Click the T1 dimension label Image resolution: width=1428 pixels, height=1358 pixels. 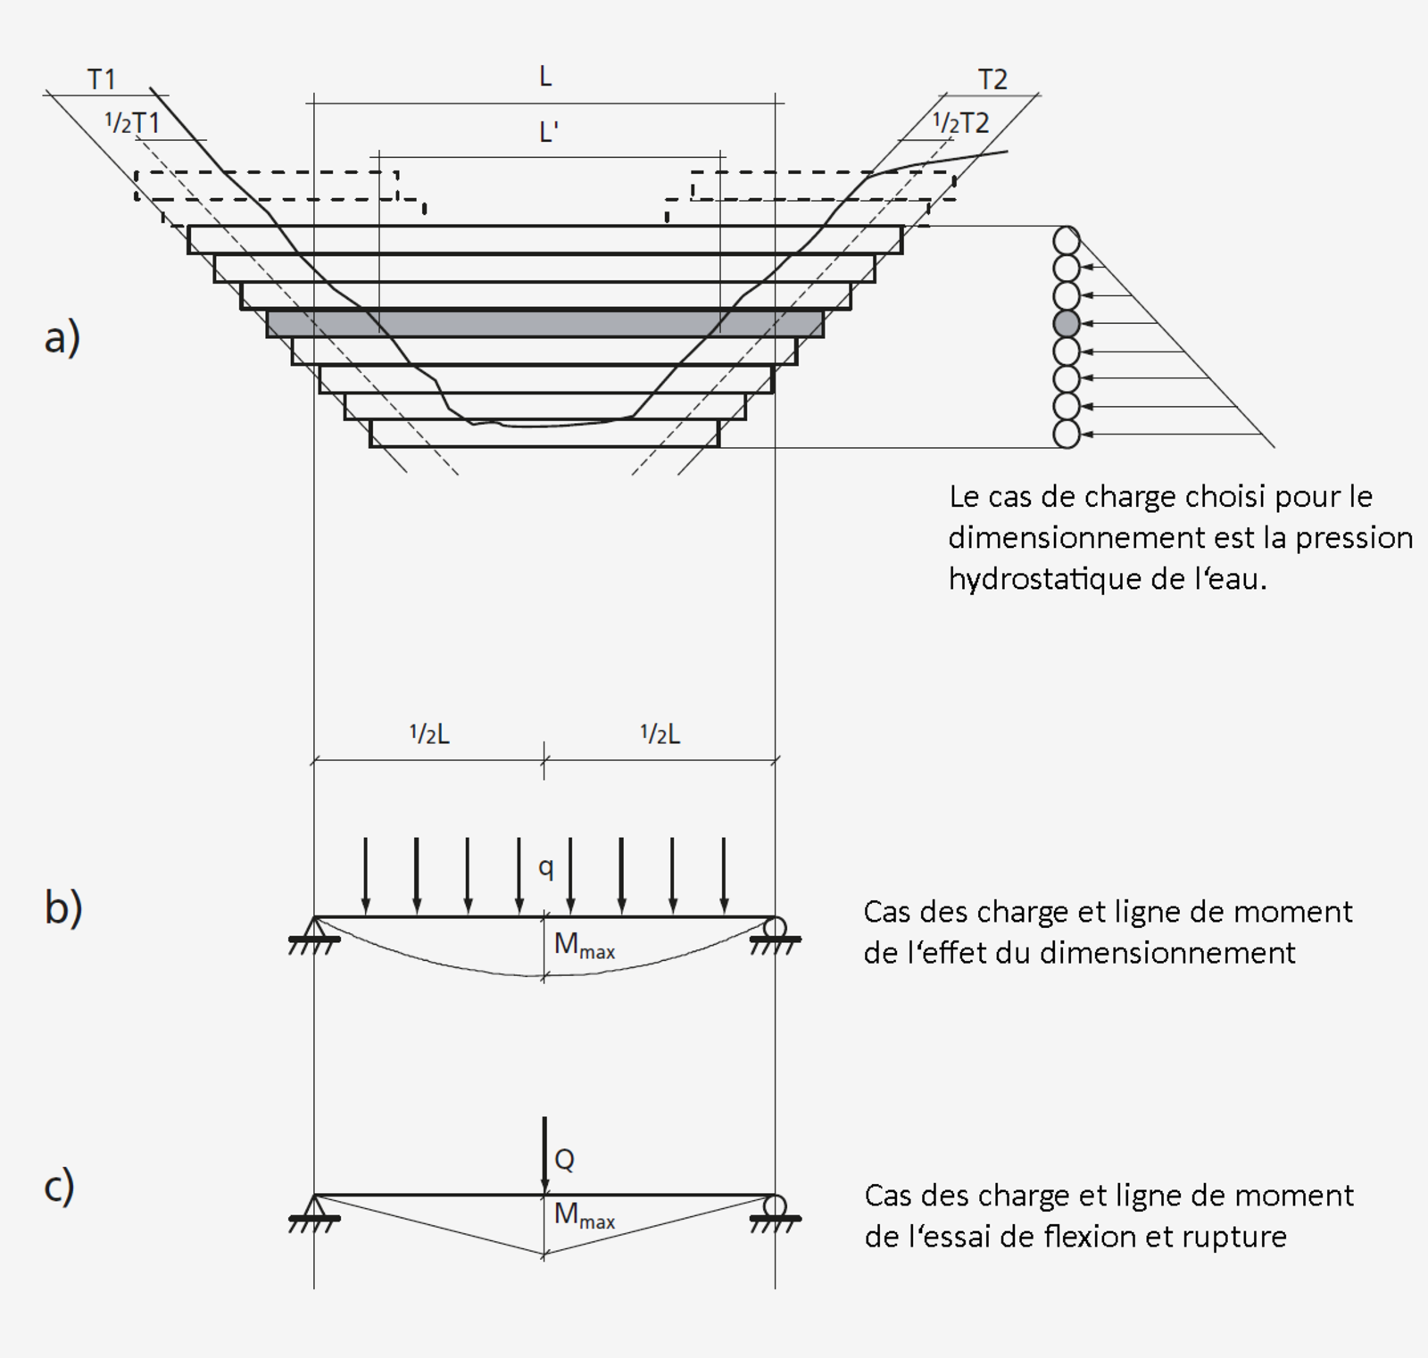(102, 79)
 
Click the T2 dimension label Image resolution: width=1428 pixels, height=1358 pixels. (992, 79)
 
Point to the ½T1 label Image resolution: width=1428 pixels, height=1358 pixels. (132, 122)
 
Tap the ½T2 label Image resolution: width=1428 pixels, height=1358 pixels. (960, 122)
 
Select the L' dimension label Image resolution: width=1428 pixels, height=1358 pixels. (548, 132)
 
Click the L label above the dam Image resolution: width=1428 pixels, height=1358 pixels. (545, 77)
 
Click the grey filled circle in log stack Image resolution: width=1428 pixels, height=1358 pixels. (1067, 323)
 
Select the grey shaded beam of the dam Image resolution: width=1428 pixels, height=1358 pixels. (544, 324)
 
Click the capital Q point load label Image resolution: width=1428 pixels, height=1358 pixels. (564, 1159)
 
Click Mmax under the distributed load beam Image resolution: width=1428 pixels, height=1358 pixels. (584, 945)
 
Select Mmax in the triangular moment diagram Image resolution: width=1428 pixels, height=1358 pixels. (584, 1214)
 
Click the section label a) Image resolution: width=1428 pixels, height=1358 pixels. (62, 338)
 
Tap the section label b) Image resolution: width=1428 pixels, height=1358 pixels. (62, 907)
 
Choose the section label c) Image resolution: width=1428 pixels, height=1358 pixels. (59, 1186)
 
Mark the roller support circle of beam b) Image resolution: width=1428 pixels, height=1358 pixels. (775, 927)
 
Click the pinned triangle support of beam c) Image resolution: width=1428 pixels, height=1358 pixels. (314, 1205)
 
